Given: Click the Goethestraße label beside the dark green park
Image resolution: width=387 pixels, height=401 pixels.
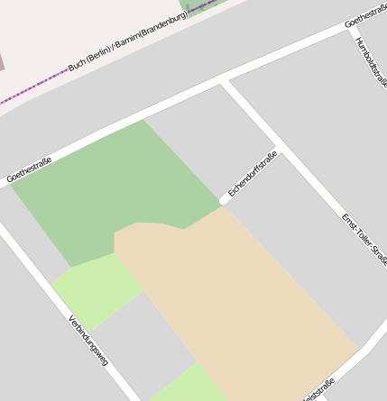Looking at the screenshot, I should click(x=29, y=169).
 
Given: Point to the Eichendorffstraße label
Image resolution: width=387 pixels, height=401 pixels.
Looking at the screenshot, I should click(x=252, y=173).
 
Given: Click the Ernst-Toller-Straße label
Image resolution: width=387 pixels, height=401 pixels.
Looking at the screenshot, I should click(x=364, y=239).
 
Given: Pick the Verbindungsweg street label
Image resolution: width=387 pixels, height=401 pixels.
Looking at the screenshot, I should click(x=88, y=339).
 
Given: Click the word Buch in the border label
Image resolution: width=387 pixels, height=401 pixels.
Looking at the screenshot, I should click(x=79, y=65).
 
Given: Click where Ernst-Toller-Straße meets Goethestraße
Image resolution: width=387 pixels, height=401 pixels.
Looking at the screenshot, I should click(x=224, y=84).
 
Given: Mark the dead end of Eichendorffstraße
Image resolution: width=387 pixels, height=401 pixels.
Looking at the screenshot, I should click(x=223, y=200).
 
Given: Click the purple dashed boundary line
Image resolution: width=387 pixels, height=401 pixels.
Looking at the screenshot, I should click(x=36, y=88).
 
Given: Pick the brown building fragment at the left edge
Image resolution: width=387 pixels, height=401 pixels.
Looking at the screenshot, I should click(x=2, y=61).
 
